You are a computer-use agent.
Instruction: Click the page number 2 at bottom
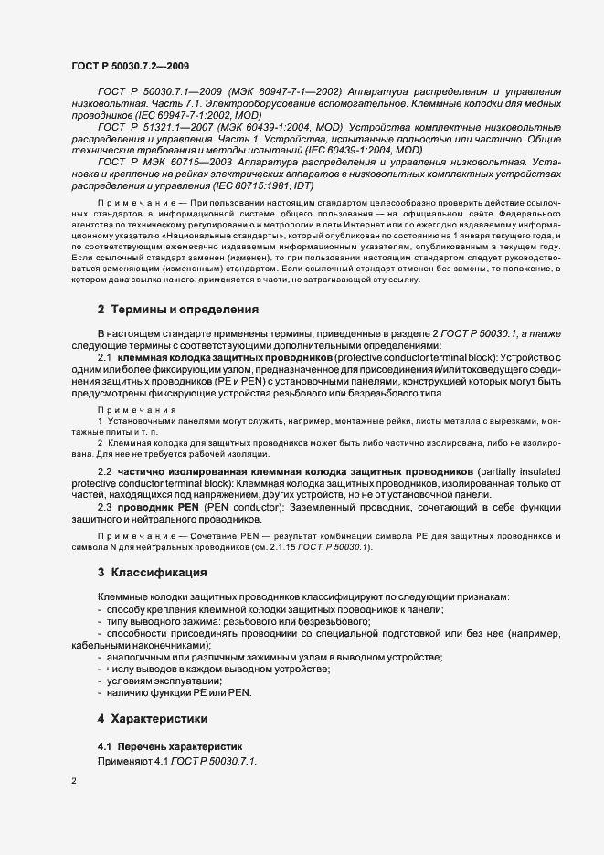click(74, 782)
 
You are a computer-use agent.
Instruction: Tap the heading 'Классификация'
click(158, 598)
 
